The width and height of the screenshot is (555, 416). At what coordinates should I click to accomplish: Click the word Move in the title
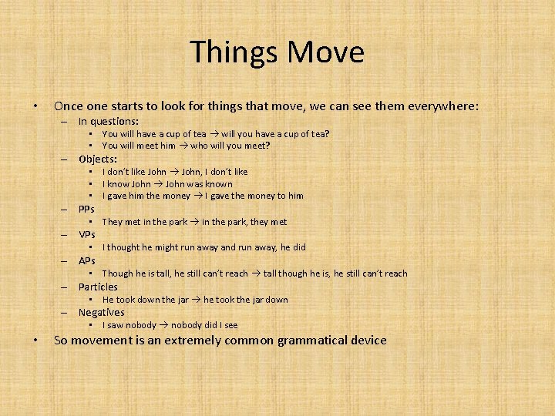(325, 52)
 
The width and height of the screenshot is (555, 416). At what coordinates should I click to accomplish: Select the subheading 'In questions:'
(109, 121)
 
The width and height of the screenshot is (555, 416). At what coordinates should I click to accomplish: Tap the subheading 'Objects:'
(98, 159)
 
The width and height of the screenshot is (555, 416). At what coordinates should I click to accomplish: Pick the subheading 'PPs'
(86, 209)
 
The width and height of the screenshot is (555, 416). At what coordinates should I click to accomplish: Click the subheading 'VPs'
(87, 234)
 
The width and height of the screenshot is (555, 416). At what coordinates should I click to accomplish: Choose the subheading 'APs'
(87, 260)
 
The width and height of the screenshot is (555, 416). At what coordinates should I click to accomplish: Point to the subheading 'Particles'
(98, 287)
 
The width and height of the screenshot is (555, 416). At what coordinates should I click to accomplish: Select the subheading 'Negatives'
(101, 312)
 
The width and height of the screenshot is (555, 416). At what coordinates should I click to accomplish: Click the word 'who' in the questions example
(200, 146)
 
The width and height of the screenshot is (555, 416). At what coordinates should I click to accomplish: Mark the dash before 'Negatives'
(66, 313)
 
